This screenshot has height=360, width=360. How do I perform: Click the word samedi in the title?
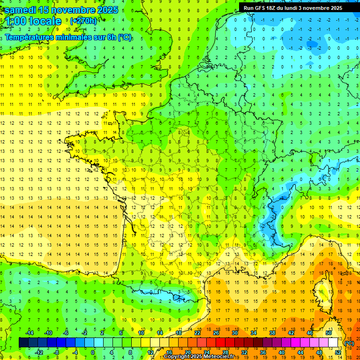(20, 10)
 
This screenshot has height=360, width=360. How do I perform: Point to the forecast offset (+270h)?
(83, 21)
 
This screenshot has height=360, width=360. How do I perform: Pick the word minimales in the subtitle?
(75, 37)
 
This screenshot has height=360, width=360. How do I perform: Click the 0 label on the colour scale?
(93, 352)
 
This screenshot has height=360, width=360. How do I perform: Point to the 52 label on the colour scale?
(338, 352)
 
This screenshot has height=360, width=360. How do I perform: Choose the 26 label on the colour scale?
(216, 333)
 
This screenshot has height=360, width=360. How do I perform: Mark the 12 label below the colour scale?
(150, 352)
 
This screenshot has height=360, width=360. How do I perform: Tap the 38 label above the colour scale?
(272, 333)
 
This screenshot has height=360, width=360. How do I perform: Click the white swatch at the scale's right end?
(333, 343)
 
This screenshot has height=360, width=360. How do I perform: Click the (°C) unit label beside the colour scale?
(349, 343)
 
